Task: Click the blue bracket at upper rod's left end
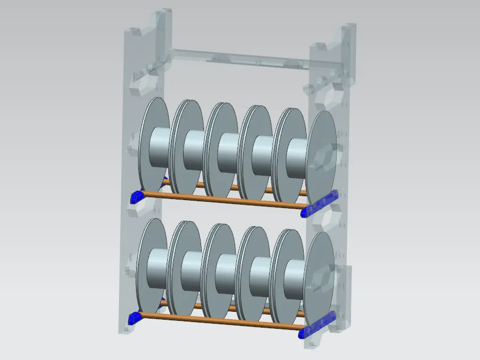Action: pos(137,197)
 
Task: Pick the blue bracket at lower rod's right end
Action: pos(317,325)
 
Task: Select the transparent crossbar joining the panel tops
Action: pos(238,57)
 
